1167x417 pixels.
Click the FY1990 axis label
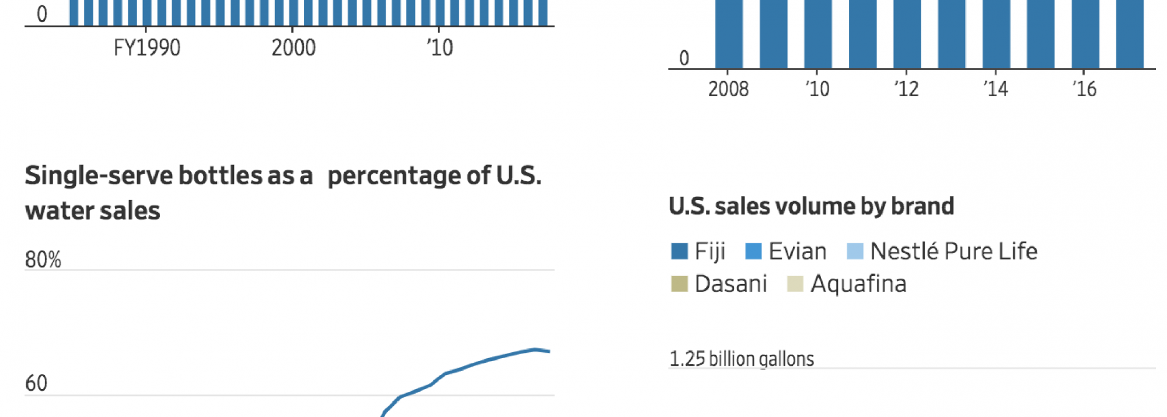pos(146,48)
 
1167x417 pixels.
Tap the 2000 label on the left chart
pos(293,48)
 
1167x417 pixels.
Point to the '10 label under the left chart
pos(439,48)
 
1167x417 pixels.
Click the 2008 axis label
pos(728,89)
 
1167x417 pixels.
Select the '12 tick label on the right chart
pos(906,89)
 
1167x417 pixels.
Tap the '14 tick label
pos(995,89)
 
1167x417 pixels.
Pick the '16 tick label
pos(1084,89)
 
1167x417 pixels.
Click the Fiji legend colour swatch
pos(679,251)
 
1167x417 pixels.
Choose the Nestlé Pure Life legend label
pos(953,251)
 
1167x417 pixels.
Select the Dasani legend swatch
pos(679,284)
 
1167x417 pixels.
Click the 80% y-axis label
pos(43,260)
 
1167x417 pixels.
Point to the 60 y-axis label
pos(36,383)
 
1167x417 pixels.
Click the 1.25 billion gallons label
pos(741,359)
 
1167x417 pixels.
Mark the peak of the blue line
pos(535,349)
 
